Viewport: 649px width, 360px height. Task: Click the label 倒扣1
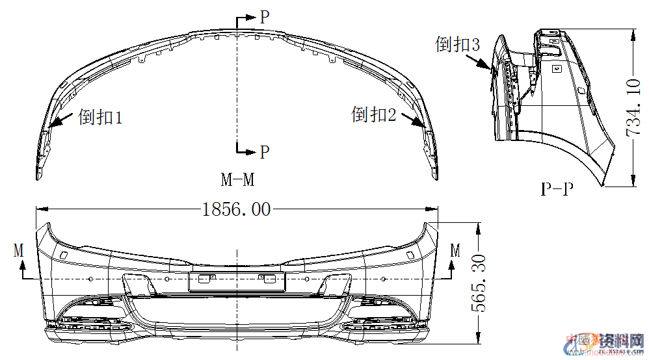[100, 118]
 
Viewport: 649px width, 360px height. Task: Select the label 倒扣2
[374, 115]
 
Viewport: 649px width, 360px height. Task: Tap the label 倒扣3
[458, 44]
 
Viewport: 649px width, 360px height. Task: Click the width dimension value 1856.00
[236, 209]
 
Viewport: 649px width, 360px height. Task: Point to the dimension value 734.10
[634, 107]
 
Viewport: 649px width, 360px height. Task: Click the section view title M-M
[237, 178]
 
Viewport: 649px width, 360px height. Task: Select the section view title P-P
[558, 189]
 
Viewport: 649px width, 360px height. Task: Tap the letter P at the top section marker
[264, 18]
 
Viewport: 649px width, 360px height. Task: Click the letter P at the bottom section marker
[264, 152]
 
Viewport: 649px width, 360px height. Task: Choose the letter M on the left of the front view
[19, 250]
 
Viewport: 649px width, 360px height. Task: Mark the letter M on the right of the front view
[455, 250]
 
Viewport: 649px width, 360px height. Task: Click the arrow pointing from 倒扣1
[60, 120]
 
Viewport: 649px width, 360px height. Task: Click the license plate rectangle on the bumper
[237, 281]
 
